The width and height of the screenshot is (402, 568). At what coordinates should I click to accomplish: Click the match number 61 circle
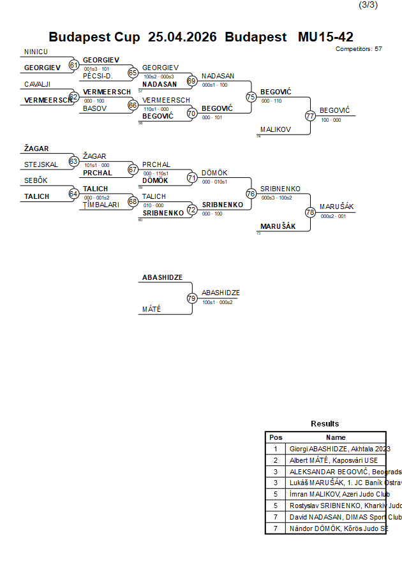tap(74, 65)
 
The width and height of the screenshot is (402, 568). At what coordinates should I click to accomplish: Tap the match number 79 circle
tap(191, 298)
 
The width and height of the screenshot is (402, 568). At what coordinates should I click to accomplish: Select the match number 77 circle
tap(310, 116)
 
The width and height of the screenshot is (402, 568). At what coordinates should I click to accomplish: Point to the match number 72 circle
tap(191, 209)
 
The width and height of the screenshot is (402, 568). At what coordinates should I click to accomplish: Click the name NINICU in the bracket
tap(36, 52)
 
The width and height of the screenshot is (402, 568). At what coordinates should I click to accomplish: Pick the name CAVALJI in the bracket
tap(38, 84)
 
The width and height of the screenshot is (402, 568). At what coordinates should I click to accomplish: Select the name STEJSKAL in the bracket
tap(41, 164)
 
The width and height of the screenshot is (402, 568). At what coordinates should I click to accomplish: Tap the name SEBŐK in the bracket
tap(36, 180)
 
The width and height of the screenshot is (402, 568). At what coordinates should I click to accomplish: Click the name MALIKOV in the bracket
tap(275, 129)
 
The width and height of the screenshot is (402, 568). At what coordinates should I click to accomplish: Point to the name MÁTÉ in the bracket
tap(151, 309)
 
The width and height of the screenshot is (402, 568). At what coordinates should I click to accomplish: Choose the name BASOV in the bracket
tap(94, 108)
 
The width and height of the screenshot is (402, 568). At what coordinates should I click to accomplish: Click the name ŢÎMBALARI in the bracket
tap(101, 205)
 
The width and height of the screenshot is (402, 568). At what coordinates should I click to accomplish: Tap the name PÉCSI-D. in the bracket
tap(98, 76)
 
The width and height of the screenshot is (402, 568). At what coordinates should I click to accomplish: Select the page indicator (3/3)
tap(368, 5)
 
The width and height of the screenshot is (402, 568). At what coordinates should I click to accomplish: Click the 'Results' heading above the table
tap(325, 424)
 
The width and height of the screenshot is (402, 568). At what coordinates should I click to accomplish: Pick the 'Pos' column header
tap(276, 437)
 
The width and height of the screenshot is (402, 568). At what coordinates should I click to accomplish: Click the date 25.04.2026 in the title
tap(182, 37)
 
